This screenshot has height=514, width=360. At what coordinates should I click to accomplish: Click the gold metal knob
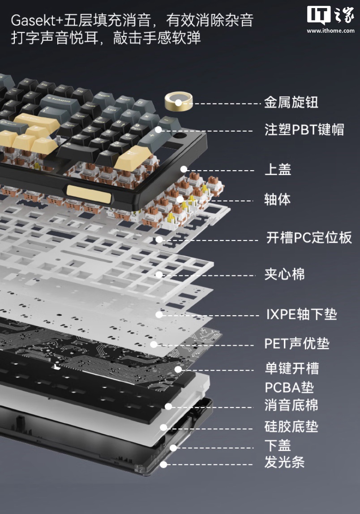point(178,101)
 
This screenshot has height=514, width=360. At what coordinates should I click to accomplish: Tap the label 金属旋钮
point(291,102)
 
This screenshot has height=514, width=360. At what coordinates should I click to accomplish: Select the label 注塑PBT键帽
point(304,129)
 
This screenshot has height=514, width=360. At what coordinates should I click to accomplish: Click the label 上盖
point(278,170)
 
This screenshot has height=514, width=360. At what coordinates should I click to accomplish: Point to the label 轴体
point(277,199)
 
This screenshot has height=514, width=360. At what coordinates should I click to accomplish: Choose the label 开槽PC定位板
point(309,238)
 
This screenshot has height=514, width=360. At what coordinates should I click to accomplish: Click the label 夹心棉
point(285,274)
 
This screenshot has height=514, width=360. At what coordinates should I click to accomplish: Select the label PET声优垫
point(297,343)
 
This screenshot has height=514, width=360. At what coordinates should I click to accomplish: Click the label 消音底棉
point(291,405)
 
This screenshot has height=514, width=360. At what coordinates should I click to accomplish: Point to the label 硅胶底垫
point(291,427)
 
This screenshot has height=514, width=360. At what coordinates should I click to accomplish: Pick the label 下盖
point(278,445)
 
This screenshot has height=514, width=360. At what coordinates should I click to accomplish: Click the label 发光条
point(285,462)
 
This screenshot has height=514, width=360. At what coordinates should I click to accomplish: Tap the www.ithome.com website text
point(330,31)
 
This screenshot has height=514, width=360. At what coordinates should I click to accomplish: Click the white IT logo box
point(319,15)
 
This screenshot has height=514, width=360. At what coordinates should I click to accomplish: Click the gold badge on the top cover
point(89,194)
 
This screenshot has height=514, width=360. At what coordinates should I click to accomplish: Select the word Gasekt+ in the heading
point(37,21)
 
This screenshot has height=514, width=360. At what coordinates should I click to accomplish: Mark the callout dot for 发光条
point(163,464)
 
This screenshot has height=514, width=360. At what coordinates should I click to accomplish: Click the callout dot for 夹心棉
point(159,274)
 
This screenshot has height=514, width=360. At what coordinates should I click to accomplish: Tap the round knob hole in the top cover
point(180,135)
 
